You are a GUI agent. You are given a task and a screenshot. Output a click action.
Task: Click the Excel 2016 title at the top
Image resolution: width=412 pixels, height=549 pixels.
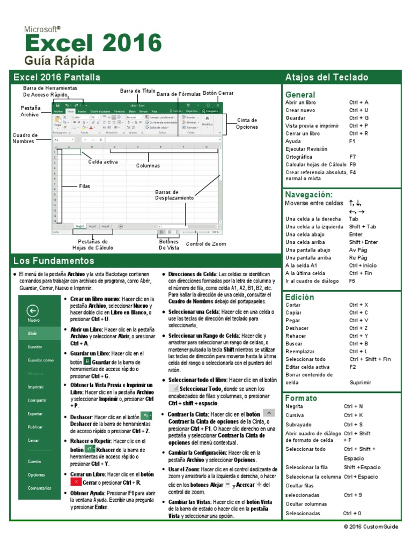click(x=93, y=43)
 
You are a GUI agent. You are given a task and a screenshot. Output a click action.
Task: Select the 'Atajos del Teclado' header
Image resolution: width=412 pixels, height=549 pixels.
click(x=327, y=77)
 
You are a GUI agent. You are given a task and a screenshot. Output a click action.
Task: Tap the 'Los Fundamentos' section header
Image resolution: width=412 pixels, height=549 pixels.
click(x=54, y=261)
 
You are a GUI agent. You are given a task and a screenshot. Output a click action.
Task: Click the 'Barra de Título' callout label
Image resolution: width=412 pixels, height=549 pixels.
click(x=137, y=91)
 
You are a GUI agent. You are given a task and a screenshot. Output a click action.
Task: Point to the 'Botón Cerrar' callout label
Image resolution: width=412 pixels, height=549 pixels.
click(x=218, y=93)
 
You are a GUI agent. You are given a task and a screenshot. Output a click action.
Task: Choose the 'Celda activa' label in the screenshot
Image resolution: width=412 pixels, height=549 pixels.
click(x=103, y=161)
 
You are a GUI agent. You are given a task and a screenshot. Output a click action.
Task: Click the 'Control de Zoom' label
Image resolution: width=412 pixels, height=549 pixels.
click(x=206, y=244)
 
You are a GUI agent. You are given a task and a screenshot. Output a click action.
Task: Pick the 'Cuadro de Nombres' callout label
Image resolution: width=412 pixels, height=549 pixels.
click(x=25, y=138)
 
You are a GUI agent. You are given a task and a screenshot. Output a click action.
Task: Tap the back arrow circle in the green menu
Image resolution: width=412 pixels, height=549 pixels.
click(x=33, y=310)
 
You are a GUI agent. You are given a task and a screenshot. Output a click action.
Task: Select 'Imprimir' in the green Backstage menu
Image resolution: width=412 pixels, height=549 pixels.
click(x=35, y=386)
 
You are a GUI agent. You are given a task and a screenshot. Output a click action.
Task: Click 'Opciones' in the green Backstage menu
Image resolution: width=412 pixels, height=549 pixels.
click(x=36, y=474)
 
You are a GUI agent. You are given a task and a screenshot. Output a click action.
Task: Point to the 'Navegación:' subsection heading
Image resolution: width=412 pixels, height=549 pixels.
click(x=309, y=195)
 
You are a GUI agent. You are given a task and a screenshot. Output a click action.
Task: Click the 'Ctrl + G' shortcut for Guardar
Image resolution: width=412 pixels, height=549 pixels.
click(x=358, y=117)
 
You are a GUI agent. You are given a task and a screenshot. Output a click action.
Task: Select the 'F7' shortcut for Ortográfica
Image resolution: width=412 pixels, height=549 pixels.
click(x=352, y=157)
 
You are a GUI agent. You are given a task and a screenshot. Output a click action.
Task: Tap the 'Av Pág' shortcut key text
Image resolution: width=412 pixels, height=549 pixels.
click(x=358, y=250)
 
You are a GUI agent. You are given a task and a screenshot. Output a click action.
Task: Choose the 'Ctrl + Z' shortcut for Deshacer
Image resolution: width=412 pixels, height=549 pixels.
click(x=358, y=328)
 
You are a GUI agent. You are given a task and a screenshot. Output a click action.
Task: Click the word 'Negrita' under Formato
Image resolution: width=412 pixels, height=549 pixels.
click(x=295, y=406)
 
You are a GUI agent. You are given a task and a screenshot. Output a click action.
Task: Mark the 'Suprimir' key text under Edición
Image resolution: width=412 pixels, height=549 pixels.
click(x=360, y=382)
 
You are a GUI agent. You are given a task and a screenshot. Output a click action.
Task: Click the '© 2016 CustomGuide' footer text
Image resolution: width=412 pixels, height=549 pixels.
click(x=371, y=527)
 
